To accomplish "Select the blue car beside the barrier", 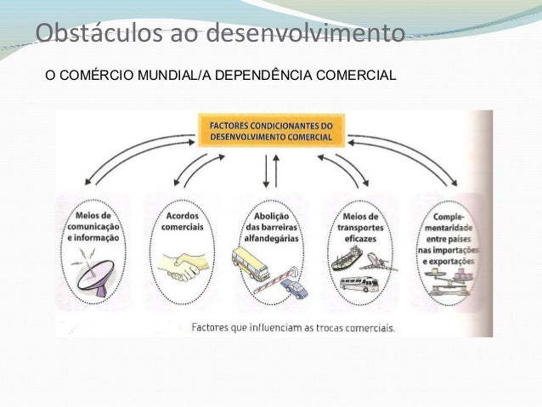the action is click(295, 290).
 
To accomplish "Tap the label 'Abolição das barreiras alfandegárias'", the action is click(271, 224).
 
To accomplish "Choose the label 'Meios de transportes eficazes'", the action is click(359, 224).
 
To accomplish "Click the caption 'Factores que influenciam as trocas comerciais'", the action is click(293, 327).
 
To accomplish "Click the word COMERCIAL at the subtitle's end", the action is click(356, 75).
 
